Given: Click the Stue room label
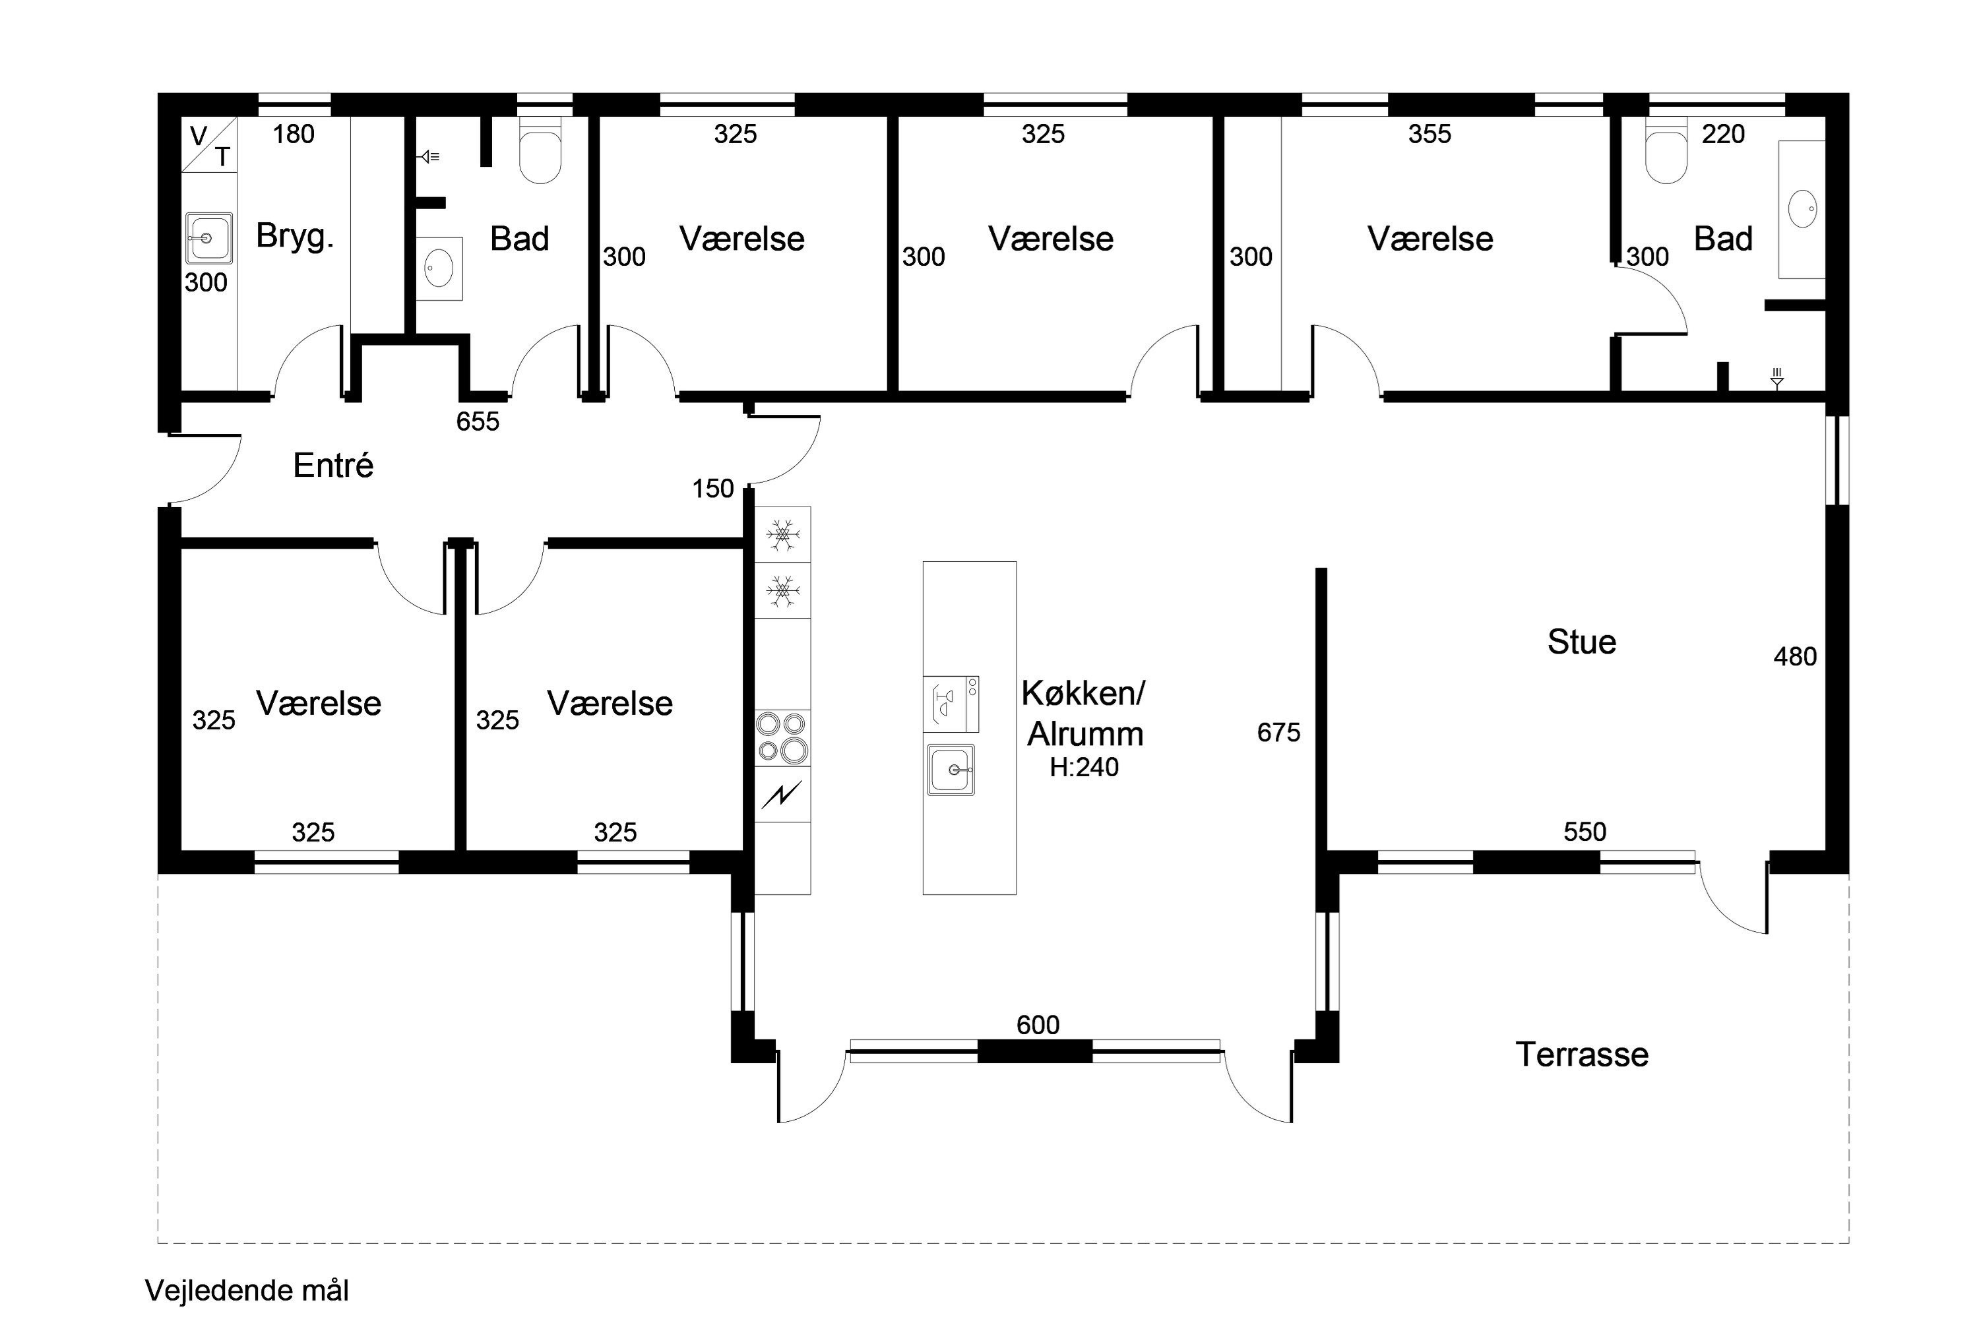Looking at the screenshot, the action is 1581,642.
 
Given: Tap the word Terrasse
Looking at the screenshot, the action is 1582,1054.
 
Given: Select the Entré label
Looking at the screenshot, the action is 333,464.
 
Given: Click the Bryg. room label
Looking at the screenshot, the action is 294,236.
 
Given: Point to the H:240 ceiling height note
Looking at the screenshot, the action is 1084,767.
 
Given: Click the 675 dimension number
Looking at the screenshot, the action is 1278,733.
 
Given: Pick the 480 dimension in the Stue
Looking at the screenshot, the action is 1795,656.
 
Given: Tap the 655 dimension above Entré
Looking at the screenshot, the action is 478,421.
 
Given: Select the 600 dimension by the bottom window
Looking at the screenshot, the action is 1038,1025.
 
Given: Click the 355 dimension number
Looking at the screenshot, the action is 1429,134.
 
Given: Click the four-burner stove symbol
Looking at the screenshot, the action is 782,738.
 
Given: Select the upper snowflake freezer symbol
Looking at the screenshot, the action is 782,534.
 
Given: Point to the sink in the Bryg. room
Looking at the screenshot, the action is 208,239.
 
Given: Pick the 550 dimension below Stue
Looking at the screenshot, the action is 1585,832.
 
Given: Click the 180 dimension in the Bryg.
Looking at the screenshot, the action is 294,134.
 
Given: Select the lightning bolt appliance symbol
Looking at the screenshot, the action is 782,794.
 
